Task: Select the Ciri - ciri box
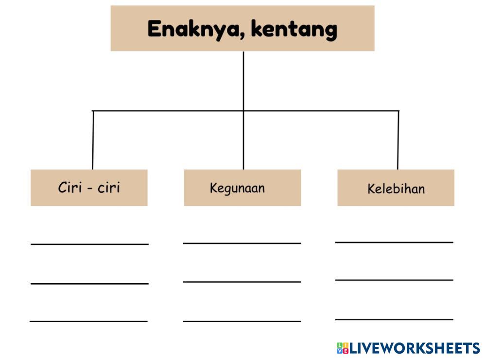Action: pos(89,188)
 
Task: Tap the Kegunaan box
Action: pos(242,188)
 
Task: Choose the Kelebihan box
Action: pos(396,188)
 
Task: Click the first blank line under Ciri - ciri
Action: pos(89,243)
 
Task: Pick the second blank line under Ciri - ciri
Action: pos(89,283)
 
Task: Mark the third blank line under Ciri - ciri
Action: pos(88,321)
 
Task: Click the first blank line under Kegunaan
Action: pos(242,242)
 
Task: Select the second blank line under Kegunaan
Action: pos(242,281)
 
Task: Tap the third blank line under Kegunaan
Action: pos(242,321)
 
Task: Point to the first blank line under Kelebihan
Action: pos(394,241)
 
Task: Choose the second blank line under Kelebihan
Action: pos(394,279)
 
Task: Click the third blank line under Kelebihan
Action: pos(394,319)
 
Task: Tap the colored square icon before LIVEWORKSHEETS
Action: pos(342,348)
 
